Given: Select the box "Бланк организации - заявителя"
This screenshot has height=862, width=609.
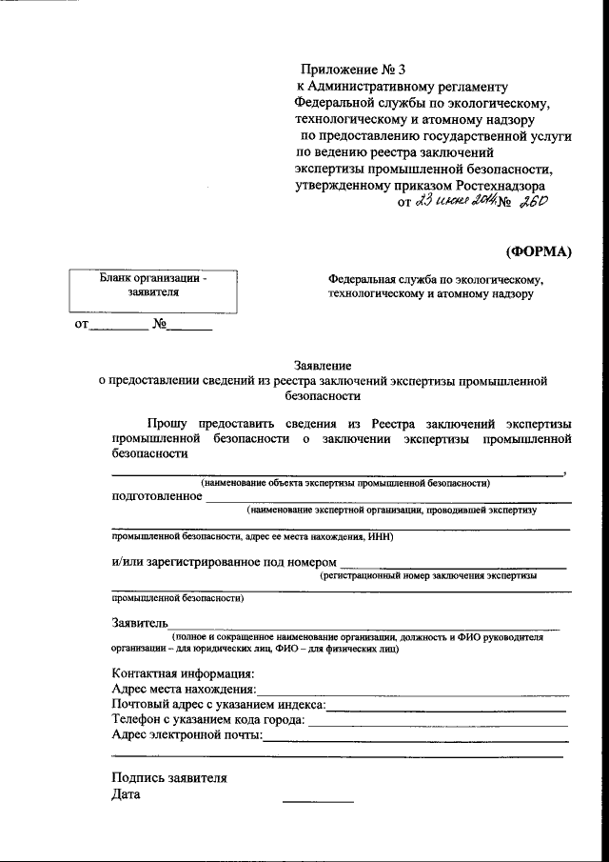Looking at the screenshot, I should pos(152,291).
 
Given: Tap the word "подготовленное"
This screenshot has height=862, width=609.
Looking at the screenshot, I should pos(157,495).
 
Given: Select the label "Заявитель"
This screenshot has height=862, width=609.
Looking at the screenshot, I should pos(140,623).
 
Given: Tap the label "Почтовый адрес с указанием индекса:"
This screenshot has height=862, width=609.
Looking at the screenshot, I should pos(219,704).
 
